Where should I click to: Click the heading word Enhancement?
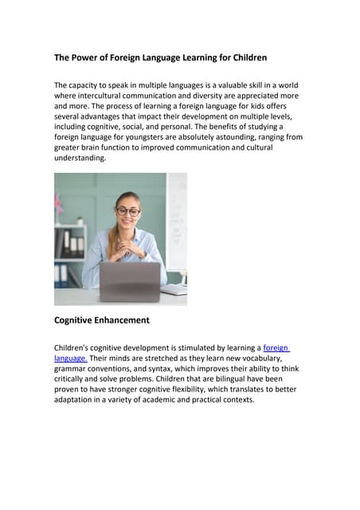[125, 320]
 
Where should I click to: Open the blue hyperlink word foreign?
[276, 348]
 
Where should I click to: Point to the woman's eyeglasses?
[127, 211]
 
